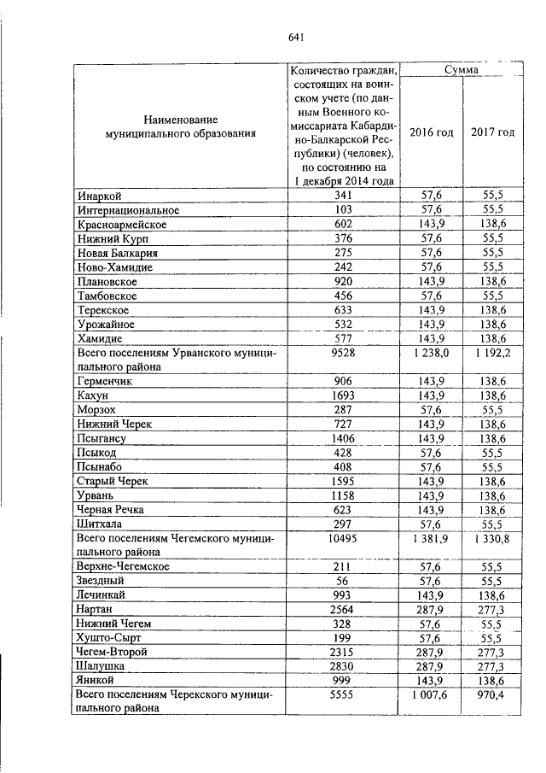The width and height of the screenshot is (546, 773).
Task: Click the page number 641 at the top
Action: coord(297,36)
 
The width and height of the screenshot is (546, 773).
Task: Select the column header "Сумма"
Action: coord(461,69)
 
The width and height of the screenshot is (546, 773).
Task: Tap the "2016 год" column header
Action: coord(431,132)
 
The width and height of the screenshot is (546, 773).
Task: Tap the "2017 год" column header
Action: coord(492,132)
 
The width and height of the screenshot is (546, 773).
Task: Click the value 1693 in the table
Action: coord(344,395)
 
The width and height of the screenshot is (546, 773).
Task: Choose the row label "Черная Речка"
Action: coord(110,509)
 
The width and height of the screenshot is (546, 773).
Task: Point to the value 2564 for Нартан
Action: coord(344,610)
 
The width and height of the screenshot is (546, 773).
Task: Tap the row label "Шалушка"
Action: coord(102,667)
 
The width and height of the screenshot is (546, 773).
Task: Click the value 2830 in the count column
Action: coord(344,667)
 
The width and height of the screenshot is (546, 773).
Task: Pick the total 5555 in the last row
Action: coord(344,695)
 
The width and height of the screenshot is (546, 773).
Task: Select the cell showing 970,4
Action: coord(492,695)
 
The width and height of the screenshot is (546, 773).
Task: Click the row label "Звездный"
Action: coord(101,581)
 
